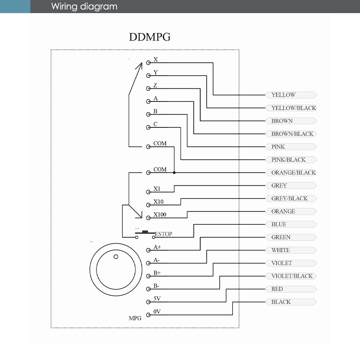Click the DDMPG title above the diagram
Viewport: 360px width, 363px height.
pos(150,37)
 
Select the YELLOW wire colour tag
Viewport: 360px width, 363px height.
pos(291,95)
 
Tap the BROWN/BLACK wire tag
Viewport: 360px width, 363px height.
pos(291,134)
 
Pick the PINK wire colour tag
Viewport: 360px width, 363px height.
pos(291,147)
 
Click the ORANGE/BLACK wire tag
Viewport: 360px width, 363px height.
pos(291,173)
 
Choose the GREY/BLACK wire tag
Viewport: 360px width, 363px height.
pos(291,199)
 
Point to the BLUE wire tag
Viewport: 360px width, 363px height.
pos(291,224)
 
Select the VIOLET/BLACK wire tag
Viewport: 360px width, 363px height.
pos(291,276)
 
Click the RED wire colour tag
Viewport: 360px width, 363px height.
pos(291,289)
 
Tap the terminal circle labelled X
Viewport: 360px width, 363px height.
pos(148,63)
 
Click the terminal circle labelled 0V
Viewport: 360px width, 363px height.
pos(148,315)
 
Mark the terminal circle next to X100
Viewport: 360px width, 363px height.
pos(148,218)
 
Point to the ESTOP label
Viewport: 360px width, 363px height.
pos(163,234)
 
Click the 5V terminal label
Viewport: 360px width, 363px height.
pos(157,299)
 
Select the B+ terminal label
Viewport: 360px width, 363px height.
pos(157,273)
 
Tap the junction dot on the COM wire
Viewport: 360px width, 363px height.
pos(174,173)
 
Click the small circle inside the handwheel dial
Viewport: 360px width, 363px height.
pos(116,257)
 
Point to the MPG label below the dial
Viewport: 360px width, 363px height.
pos(135,318)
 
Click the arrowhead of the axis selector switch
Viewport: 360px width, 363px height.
pos(139,66)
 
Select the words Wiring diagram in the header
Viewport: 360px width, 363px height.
pos(84,6)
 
